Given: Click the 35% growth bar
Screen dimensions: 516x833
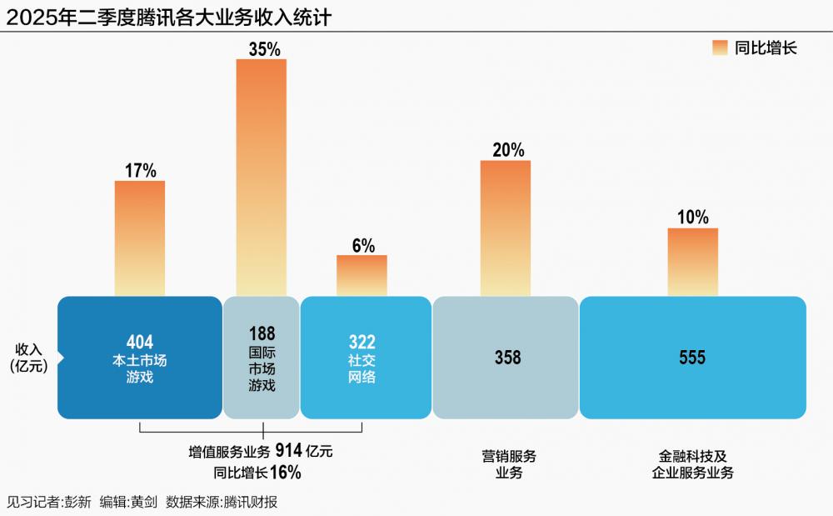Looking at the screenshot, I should pyautogui.click(x=261, y=177).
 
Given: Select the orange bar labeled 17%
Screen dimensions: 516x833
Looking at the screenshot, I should pyautogui.click(x=139, y=238).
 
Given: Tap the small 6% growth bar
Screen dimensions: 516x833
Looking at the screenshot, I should pyautogui.click(x=362, y=275).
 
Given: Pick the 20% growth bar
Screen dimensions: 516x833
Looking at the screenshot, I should pyautogui.click(x=505, y=228).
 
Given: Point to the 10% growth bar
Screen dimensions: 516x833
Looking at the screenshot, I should pyautogui.click(x=692, y=262).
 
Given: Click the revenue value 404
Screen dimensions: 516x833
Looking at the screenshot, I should pyautogui.click(x=139, y=342).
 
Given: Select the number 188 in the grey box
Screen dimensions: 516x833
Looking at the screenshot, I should pyautogui.click(x=261, y=332).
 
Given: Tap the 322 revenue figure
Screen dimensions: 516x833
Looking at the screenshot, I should pyautogui.click(x=362, y=342).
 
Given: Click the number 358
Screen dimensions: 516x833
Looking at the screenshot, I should pyautogui.click(x=506, y=358).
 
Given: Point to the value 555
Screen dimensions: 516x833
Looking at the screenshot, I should pyautogui.click(x=691, y=358).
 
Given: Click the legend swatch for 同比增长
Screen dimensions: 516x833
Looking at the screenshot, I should pyautogui.click(x=721, y=48).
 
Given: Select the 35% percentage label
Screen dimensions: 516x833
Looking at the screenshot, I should pyautogui.click(x=264, y=49).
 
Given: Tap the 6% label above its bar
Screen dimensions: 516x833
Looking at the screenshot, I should pyautogui.click(x=363, y=246).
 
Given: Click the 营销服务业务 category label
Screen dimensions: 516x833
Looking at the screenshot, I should pyautogui.click(x=508, y=464).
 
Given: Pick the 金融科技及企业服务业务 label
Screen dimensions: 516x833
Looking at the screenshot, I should pyautogui.click(x=692, y=464).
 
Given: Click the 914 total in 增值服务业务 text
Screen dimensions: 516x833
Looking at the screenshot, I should pyautogui.click(x=289, y=452).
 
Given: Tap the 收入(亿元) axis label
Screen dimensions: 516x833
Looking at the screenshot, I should pyautogui.click(x=29, y=357).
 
